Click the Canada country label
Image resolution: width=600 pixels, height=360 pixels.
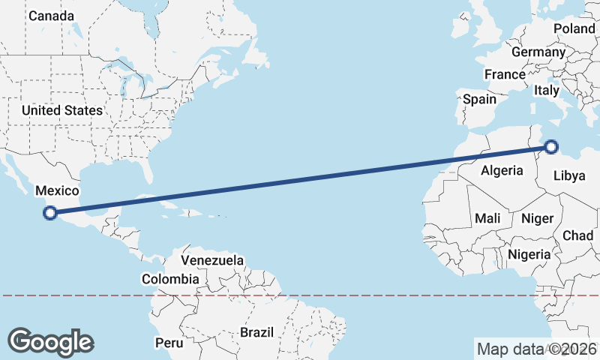click(51, 16)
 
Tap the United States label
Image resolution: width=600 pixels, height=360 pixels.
click(61, 110)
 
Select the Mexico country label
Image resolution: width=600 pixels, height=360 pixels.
click(57, 191)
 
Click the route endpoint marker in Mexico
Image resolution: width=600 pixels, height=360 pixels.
click(50, 213)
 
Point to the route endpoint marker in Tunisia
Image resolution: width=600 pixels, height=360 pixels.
click(551, 147)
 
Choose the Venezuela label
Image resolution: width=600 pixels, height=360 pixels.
click(213, 260)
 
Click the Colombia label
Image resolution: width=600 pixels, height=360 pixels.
click(170, 279)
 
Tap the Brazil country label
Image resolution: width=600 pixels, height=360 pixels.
click(258, 331)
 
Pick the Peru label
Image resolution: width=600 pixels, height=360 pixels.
click(169, 342)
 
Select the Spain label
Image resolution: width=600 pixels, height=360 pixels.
click(479, 99)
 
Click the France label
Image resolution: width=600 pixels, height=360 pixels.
click(504, 74)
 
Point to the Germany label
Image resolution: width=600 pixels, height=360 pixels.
click(538, 52)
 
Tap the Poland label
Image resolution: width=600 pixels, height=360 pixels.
click(574, 28)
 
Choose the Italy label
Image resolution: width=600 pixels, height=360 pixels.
click(547, 90)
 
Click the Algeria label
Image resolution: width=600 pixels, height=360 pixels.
click(502, 170)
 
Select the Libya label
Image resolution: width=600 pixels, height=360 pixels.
click(568, 176)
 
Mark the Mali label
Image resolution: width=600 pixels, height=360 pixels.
click(487, 218)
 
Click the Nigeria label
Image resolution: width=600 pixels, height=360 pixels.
click(529, 254)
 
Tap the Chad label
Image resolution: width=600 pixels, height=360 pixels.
click(577, 235)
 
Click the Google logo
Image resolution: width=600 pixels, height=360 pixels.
click(50, 342)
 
